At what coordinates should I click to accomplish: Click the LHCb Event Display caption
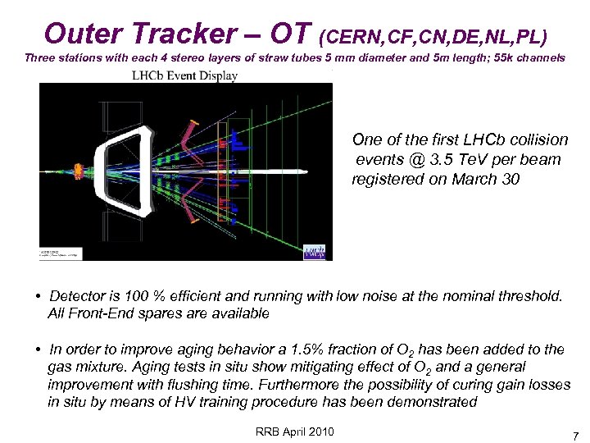point(185,76)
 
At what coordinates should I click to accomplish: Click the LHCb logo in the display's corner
point(314,251)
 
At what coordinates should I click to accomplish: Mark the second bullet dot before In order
point(39,349)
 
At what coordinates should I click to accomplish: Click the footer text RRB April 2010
point(294,432)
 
